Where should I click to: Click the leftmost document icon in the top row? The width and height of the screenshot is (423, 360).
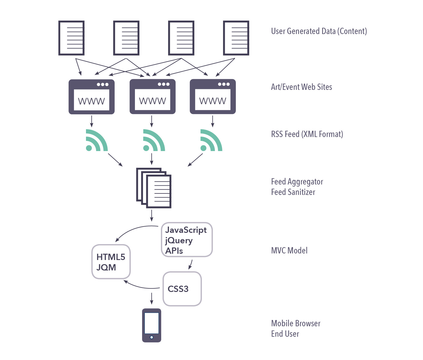(x=71, y=38)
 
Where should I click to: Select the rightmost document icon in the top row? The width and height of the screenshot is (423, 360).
(x=236, y=38)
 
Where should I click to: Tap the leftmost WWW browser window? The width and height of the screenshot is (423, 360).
(x=92, y=97)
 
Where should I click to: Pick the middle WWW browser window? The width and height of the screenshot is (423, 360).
(x=153, y=97)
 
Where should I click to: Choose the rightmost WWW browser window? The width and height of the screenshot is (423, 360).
(x=213, y=97)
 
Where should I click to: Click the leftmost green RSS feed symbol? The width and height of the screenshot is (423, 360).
(x=96, y=141)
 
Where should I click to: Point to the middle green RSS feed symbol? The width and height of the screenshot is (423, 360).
(x=153, y=141)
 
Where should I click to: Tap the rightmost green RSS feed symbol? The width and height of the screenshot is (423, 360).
(x=211, y=141)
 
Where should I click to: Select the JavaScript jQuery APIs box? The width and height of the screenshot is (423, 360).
(x=187, y=240)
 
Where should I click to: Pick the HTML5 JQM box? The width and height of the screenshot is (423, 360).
(x=111, y=262)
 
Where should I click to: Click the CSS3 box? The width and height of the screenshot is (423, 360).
(x=182, y=289)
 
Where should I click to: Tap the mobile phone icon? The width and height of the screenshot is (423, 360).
(x=152, y=325)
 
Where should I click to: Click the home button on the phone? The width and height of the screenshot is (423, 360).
(x=152, y=337)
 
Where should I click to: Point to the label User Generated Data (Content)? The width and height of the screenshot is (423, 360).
(x=319, y=31)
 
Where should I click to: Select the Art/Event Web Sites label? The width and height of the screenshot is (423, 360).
(x=302, y=87)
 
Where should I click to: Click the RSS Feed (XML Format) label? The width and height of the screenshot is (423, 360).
(x=307, y=134)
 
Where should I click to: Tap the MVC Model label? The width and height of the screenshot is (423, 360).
(x=289, y=250)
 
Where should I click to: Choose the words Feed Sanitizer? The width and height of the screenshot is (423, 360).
(x=293, y=192)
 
